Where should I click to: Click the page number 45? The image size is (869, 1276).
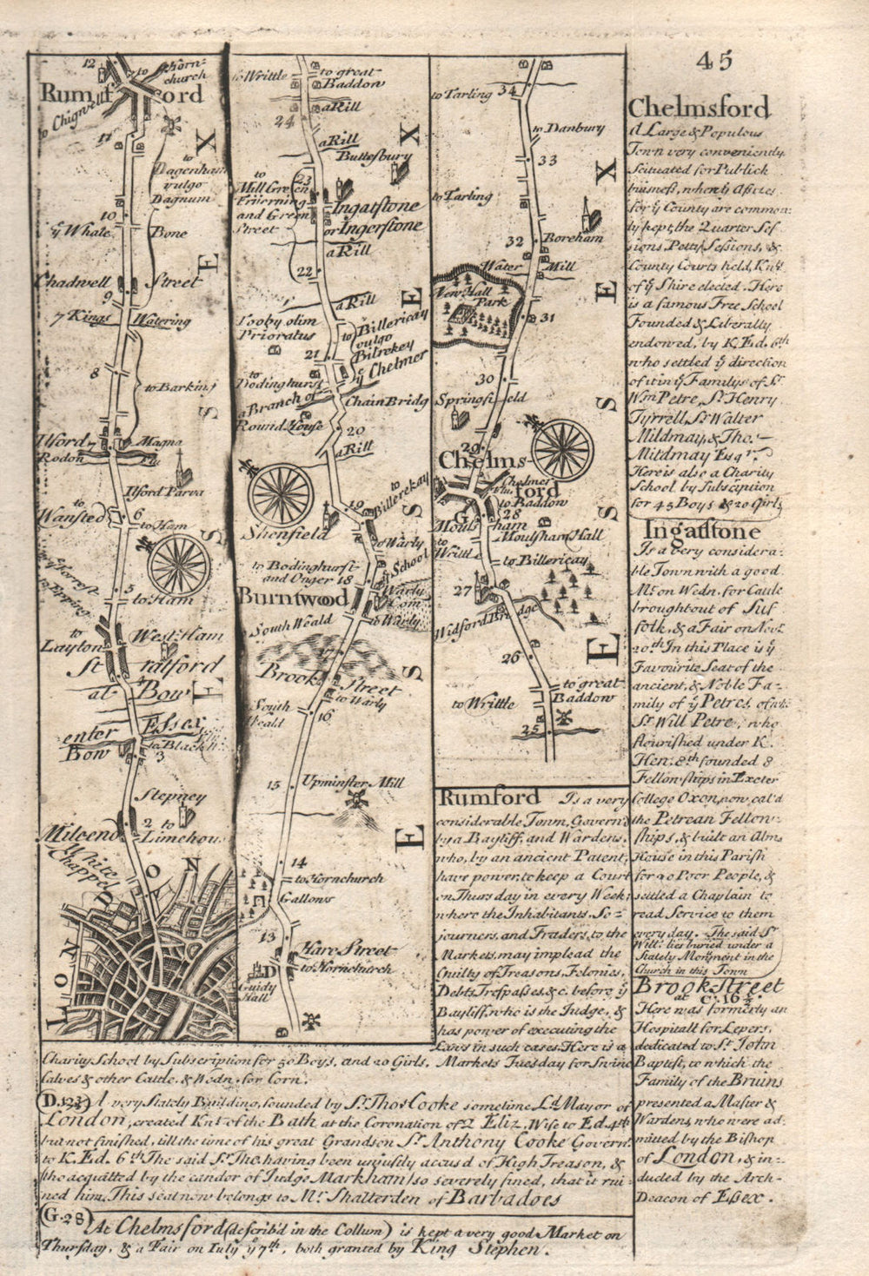pyautogui.click(x=714, y=61)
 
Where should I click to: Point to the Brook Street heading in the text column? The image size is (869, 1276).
pyautogui.click(x=709, y=987)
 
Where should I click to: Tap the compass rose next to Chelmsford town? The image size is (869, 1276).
pyautogui.click(x=562, y=450)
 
